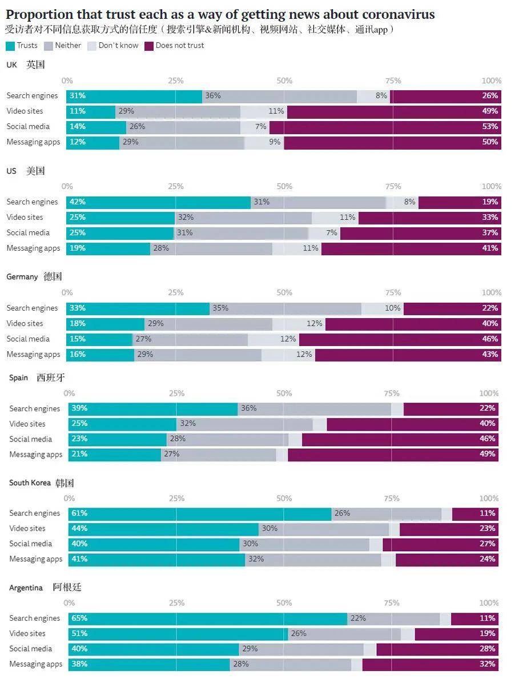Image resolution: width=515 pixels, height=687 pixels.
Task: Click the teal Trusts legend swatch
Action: (10, 46)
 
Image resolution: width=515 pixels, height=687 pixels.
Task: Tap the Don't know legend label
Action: (118, 46)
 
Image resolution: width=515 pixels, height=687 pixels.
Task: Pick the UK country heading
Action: (12, 65)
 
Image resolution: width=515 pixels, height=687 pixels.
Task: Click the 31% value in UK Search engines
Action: (77, 96)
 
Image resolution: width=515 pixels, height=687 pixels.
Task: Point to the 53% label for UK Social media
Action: (490, 127)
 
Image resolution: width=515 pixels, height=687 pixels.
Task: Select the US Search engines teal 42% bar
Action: (159, 202)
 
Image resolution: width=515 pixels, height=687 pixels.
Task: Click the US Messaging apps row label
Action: (33, 248)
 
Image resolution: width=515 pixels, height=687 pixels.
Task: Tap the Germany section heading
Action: (22, 277)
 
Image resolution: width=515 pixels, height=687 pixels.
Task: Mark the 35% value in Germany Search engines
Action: (220, 308)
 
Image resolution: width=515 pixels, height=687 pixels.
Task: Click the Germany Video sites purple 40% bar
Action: (413, 324)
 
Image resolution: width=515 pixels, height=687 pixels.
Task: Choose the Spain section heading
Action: (18, 378)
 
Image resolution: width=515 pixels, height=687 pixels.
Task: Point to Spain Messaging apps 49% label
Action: (488, 455)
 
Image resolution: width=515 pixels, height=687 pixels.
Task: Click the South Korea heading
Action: (30, 483)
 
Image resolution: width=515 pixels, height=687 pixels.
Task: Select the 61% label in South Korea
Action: (79, 513)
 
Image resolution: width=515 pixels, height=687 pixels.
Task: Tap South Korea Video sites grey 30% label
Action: (269, 529)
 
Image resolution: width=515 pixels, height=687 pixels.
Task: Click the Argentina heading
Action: (26, 588)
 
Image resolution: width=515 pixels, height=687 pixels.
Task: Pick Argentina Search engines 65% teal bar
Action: (208, 618)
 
